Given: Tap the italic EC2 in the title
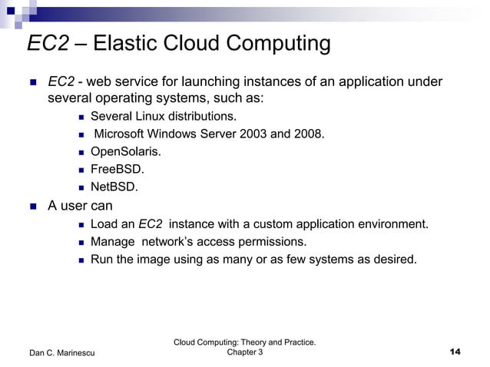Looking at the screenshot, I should [48, 44].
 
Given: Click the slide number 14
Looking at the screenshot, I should [454, 352].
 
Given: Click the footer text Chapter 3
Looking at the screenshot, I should [245, 352].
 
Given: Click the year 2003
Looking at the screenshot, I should [253, 134].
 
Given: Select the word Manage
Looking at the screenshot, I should [113, 242].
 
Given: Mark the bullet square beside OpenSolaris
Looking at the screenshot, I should [82, 152].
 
